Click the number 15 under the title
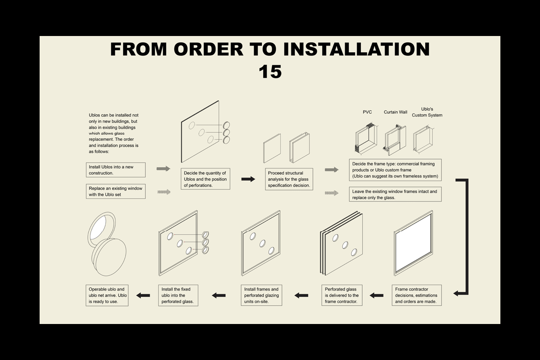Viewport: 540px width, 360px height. point(270,72)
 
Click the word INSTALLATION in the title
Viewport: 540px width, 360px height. point(356,49)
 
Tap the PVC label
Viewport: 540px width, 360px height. point(367,112)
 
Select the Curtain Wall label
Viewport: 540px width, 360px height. point(396,112)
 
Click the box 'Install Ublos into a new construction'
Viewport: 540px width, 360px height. point(116,170)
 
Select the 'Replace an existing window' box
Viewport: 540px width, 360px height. point(116,191)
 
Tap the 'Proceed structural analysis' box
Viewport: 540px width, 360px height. point(289,179)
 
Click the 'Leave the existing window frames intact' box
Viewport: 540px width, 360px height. point(395,194)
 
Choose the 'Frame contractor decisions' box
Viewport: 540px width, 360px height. point(417,295)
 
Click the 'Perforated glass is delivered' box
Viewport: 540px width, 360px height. point(342,295)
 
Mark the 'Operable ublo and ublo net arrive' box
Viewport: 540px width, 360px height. point(107,295)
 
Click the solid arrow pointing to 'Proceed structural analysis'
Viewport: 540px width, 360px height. point(248,179)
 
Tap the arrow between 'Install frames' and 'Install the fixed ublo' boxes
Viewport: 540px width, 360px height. point(219,295)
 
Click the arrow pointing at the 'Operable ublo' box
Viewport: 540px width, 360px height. point(143,295)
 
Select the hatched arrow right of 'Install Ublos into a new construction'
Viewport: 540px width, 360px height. point(163,169)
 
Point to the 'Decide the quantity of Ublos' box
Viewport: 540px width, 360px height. point(205,179)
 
